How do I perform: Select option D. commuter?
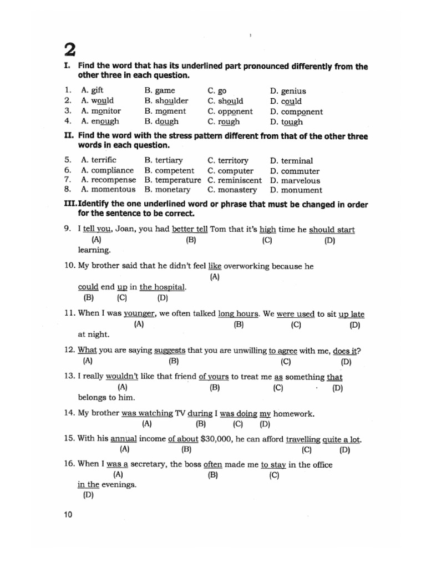[295, 171]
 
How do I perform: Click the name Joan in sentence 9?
[127, 230]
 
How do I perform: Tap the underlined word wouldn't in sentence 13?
[123, 377]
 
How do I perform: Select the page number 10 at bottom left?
[68, 515]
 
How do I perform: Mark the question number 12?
[69, 351]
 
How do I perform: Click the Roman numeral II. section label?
[69, 136]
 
